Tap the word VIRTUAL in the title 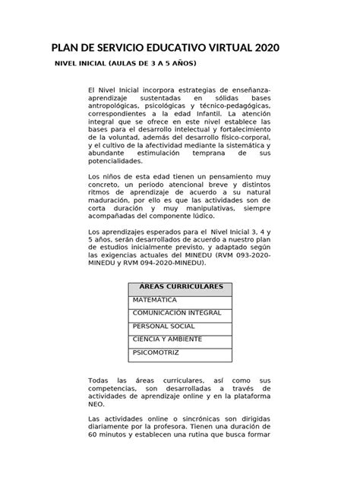[216, 47]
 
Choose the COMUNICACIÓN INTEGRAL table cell [176, 313]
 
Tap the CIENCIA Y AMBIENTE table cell [168, 339]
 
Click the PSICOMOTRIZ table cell [156, 353]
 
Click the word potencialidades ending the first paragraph [115, 162]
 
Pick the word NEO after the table [96, 406]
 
